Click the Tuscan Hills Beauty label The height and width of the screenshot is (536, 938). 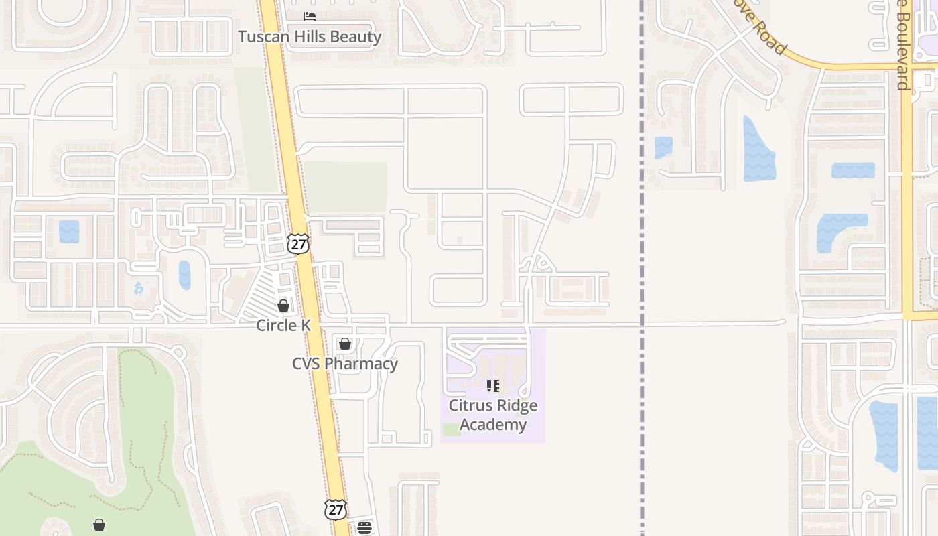[x=310, y=37]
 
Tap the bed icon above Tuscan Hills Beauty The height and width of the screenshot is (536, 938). [x=310, y=16]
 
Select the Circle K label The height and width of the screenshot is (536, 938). [x=283, y=326]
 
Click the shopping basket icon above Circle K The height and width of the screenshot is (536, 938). [x=283, y=306]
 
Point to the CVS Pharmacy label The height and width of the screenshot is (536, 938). [x=345, y=364]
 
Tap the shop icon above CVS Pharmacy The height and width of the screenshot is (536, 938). [x=345, y=344]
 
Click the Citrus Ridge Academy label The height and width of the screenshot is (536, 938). [x=493, y=415]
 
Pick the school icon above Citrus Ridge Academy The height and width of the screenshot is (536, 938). [x=493, y=386]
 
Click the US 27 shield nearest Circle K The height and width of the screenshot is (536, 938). [x=298, y=243]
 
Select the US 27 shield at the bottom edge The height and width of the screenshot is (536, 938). [x=336, y=509]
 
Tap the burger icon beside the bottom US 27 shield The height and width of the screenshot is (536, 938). [x=364, y=528]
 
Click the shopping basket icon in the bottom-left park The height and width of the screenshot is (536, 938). [x=99, y=524]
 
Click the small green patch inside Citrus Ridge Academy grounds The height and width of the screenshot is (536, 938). [x=452, y=429]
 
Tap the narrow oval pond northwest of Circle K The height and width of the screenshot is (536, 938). [x=184, y=275]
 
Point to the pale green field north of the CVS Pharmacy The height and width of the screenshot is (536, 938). [x=346, y=187]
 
